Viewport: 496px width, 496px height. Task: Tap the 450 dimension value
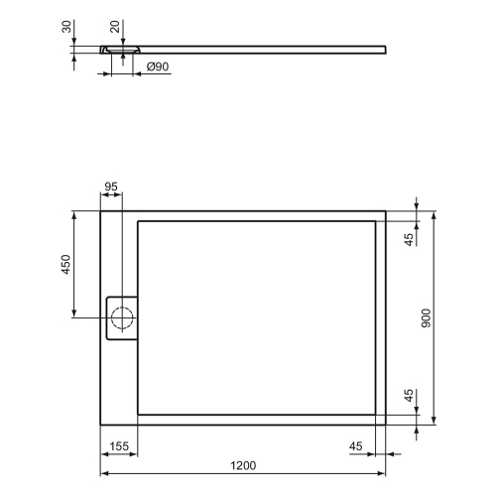tap(66, 265)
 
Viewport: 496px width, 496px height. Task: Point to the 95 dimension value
tap(111, 186)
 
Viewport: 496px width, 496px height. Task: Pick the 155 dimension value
tap(119, 446)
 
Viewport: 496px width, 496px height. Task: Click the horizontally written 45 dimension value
tap(355, 446)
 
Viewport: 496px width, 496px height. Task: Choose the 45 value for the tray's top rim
tap(408, 239)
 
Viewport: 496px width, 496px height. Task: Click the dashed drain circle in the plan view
tap(124, 318)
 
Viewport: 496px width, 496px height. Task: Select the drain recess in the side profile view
tap(122, 48)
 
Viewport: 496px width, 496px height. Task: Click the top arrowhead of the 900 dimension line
tap(434, 214)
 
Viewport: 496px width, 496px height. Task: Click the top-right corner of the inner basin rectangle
tap(375, 220)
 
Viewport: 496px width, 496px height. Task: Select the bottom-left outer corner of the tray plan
tap(100, 421)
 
